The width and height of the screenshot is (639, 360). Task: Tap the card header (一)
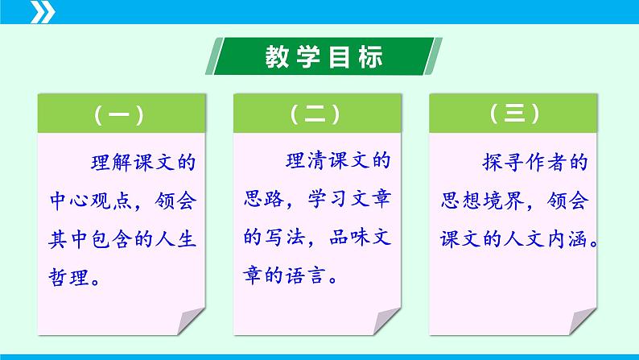[118, 115]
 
